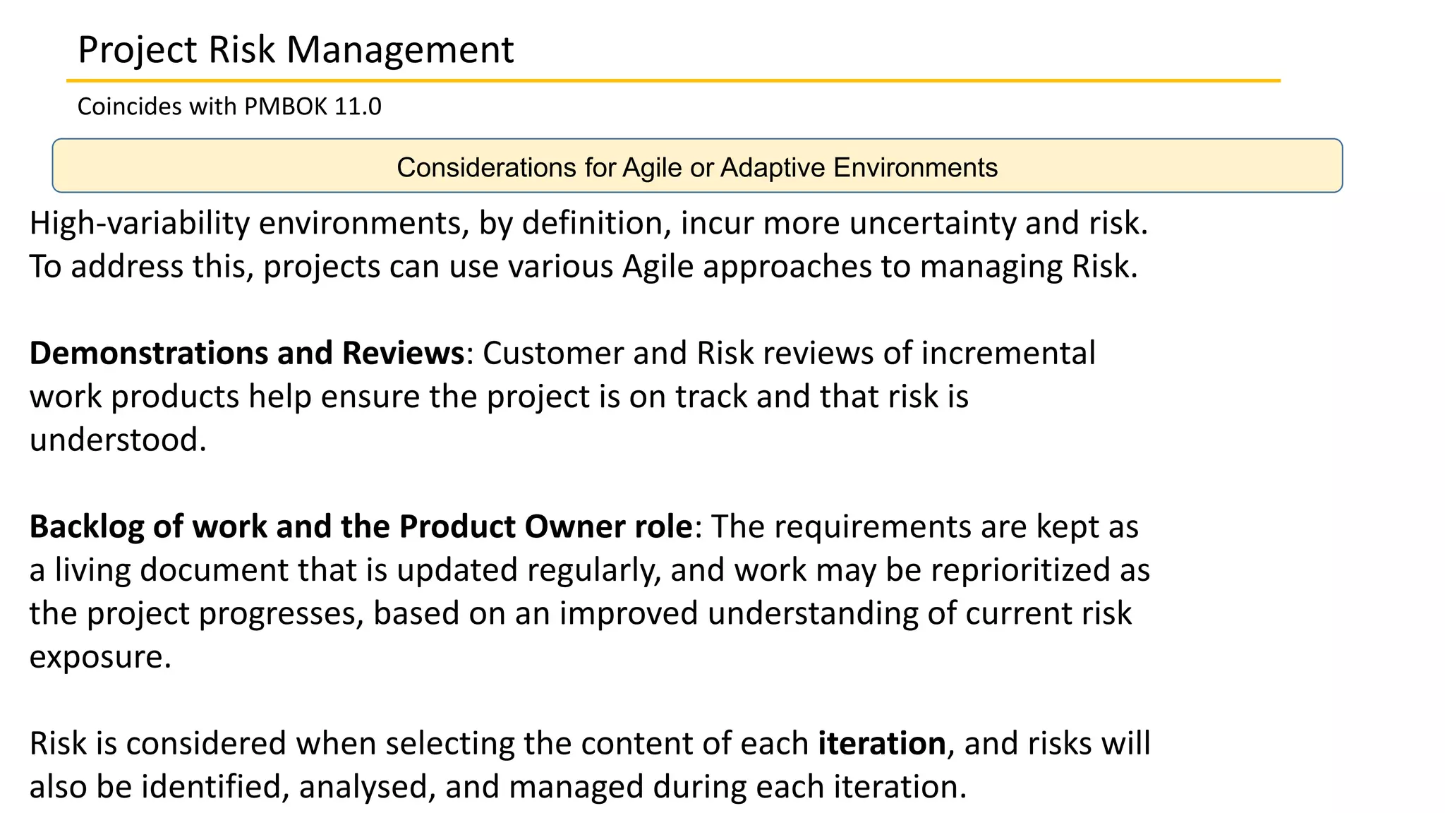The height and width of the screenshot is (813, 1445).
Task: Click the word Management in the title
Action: [400, 51]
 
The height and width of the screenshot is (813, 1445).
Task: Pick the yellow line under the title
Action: [673, 81]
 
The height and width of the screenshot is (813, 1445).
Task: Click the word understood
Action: [118, 440]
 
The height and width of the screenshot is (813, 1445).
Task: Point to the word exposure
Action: [100, 658]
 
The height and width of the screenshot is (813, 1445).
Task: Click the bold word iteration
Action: [882, 744]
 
